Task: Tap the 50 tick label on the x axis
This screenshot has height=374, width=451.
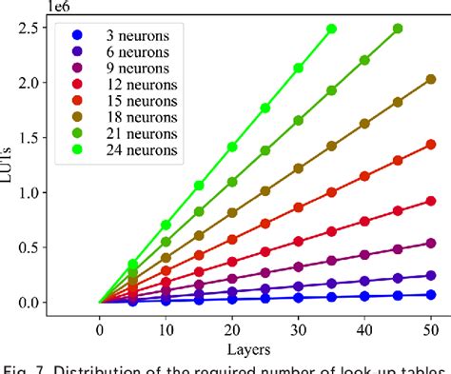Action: [430, 328]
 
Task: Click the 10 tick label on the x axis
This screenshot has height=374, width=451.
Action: [166, 328]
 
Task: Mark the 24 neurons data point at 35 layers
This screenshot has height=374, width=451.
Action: [331, 29]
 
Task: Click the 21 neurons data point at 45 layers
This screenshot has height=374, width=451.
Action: [398, 29]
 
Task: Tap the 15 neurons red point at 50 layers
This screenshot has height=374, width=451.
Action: [430, 144]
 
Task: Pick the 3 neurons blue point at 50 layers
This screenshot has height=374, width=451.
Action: [430, 295]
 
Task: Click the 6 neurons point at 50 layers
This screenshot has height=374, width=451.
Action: [430, 276]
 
